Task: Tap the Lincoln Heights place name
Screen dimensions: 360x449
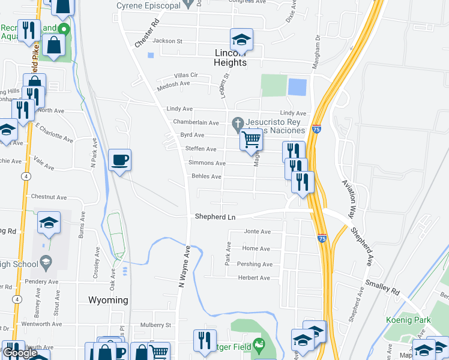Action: coord(231,58)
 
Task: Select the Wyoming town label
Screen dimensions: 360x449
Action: coord(108,300)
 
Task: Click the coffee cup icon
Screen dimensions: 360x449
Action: coord(119,160)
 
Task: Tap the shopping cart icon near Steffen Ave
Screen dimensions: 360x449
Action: coord(252,140)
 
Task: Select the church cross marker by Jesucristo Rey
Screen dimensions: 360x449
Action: coord(238,124)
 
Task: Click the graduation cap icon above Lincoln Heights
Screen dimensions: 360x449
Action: coord(241,40)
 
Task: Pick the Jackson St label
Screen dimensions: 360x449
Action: coord(167,41)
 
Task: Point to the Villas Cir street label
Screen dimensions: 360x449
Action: coord(185,75)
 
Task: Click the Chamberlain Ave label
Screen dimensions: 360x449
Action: coord(196,122)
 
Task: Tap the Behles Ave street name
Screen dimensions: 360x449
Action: coord(206,176)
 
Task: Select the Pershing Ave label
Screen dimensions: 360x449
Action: coord(254,264)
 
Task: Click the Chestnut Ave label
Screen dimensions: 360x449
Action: coord(49,197)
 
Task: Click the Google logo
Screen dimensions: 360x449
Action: coord(20,353)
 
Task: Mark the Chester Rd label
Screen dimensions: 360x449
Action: coord(148,35)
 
